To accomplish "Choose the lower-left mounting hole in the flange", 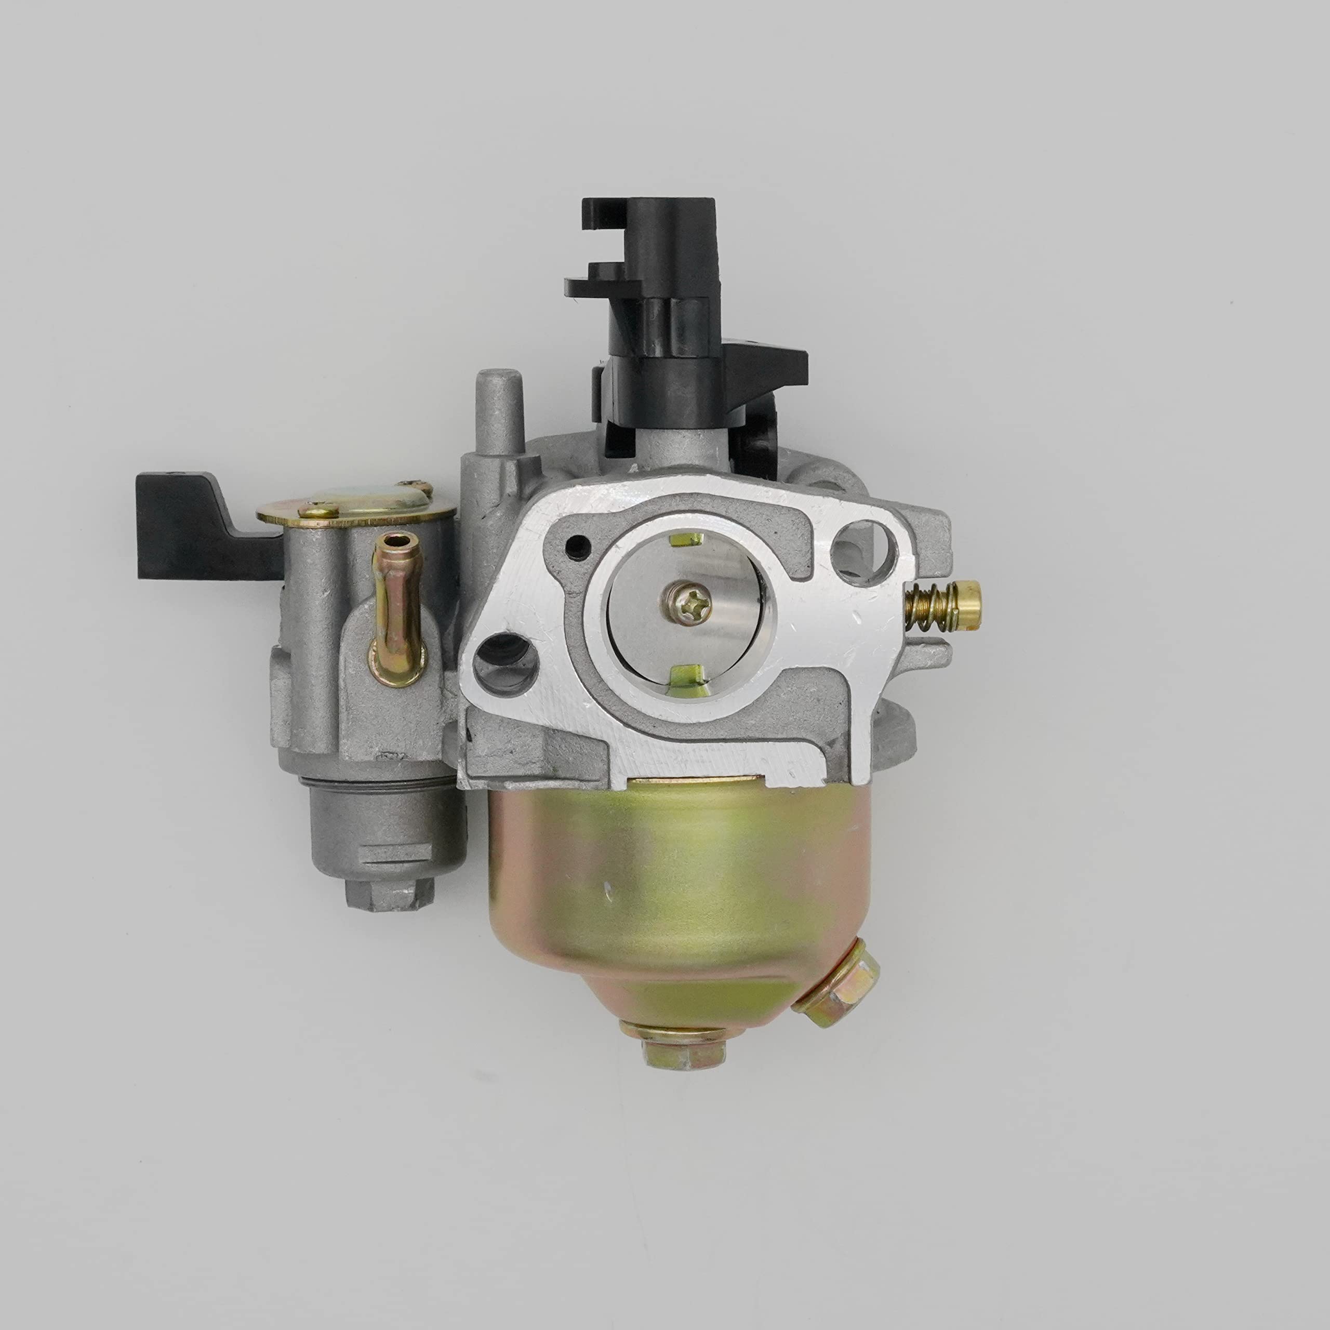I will click(x=506, y=661).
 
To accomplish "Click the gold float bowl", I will click(x=682, y=888).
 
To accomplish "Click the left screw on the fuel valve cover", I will click(x=318, y=510).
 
